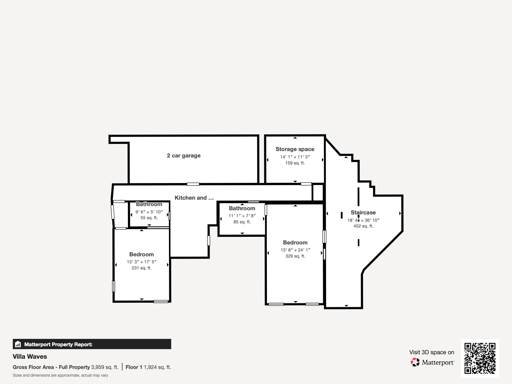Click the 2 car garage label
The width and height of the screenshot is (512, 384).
(x=184, y=156)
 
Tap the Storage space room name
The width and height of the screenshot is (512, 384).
(x=295, y=149)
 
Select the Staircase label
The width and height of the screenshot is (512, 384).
(x=363, y=212)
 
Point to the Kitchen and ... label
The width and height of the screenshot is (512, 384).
(x=194, y=198)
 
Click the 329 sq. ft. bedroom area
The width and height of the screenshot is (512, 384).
(x=295, y=256)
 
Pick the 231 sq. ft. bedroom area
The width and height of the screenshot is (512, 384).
(x=141, y=268)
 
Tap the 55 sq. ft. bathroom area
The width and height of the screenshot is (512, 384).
(x=149, y=218)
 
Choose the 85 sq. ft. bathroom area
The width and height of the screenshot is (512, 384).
(x=242, y=222)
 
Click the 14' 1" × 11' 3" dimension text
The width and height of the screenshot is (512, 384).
(x=295, y=157)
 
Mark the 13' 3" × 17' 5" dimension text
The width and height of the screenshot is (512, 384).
(x=141, y=262)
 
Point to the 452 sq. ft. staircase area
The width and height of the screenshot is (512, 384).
(x=363, y=226)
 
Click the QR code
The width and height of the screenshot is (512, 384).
(x=480, y=358)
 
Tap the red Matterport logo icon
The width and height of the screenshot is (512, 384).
(x=415, y=362)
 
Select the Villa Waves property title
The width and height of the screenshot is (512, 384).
(x=30, y=356)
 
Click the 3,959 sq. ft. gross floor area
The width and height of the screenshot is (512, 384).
(x=105, y=367)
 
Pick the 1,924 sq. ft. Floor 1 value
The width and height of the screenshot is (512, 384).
(x=157, y=367)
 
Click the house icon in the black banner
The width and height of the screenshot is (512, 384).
(x=18, y=344)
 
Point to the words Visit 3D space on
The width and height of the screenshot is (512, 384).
(x=432, y=352)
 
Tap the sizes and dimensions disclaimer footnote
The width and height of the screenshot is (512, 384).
(x=60, y=375)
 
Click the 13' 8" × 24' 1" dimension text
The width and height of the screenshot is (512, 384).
(x=295, y=250)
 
